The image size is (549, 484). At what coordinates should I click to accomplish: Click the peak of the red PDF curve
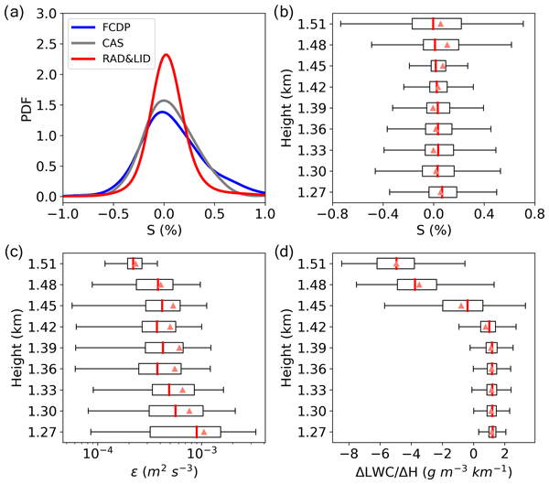[x=166, y=55]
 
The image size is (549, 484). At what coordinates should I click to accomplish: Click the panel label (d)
[x=293, y=253]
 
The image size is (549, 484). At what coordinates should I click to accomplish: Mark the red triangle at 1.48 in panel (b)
[x=447, y=44]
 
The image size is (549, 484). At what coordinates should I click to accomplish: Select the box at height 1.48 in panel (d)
[x=416, y=285]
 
